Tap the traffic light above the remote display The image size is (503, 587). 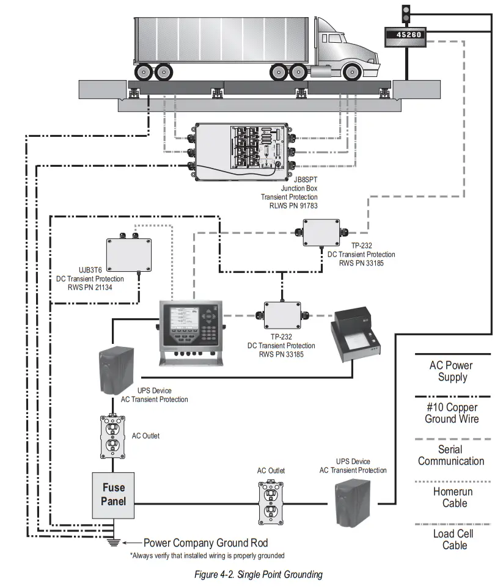pyautogui.click(x=405, y=12)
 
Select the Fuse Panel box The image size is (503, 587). pyautogui.click(x=114, y=494)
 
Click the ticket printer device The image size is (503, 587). pyautogui.click(x=355, y=337)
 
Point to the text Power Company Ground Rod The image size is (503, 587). pyautogui.click(x=205, y=543)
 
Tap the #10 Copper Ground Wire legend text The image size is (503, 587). pyautogui.click(x=452, y=413)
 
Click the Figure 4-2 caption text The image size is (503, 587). pyautogui.click(x=258, y=574)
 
